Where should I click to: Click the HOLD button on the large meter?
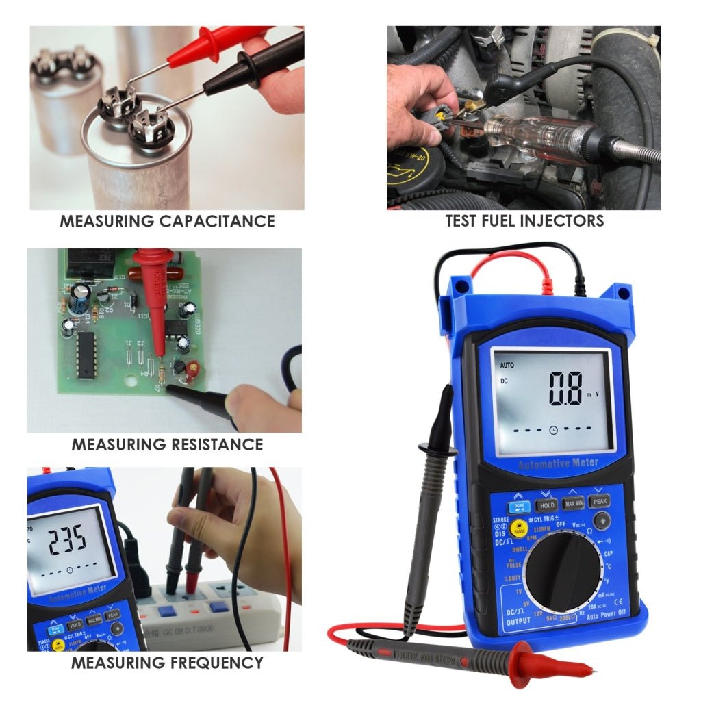(x=546, y=505)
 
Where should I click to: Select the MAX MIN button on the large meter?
(x=574, y=504)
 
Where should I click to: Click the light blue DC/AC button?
(x=518, y=507)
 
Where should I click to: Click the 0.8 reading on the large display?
(x=565, y=389)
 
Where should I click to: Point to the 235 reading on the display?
(x=67, y=540)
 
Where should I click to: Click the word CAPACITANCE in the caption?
(x=217, y=221)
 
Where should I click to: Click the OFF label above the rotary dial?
(x=560, y=524)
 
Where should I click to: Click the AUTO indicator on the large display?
(x=507, y=365)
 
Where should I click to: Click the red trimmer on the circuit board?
(x=192, y=369)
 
